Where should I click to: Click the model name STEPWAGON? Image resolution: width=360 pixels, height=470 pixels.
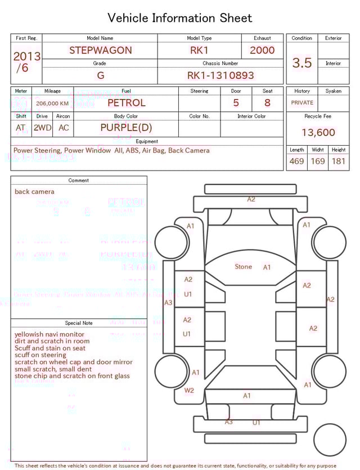click(100, 50)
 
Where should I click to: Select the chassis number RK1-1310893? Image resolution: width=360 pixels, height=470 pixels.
click(220, 75)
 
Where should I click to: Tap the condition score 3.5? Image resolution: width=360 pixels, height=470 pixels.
click(302, 63)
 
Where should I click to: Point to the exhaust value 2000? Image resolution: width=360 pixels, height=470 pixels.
click(262, 50)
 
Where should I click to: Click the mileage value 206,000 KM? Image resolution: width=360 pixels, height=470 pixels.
click(52, 104)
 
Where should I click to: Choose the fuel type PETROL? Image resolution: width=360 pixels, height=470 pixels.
click(126, 103)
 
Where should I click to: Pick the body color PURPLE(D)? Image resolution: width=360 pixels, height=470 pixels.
click(126, 128)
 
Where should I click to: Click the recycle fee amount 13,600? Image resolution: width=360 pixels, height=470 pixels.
click(318, 133)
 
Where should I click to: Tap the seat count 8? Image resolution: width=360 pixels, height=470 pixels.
click(267, 103)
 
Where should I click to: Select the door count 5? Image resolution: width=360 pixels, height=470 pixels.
click(236, 103)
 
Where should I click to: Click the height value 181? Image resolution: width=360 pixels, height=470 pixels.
click(339, 162)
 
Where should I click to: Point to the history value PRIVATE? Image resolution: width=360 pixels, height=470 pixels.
click(302, 103)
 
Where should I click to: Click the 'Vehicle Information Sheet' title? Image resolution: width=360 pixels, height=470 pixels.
click(180, 18)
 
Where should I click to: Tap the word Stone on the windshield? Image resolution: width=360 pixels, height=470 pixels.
click(244, 267)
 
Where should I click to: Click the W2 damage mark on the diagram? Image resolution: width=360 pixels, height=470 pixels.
click(189, 390)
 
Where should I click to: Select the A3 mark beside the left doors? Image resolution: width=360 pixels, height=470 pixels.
click(168, 303)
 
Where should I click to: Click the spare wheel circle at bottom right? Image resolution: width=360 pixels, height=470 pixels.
click(330, 440)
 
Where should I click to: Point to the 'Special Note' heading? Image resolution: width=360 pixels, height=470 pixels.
click(79, 323)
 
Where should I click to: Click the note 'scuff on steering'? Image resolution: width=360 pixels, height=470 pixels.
click(40, 355)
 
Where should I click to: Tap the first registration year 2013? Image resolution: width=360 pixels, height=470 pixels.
click(26, 56)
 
